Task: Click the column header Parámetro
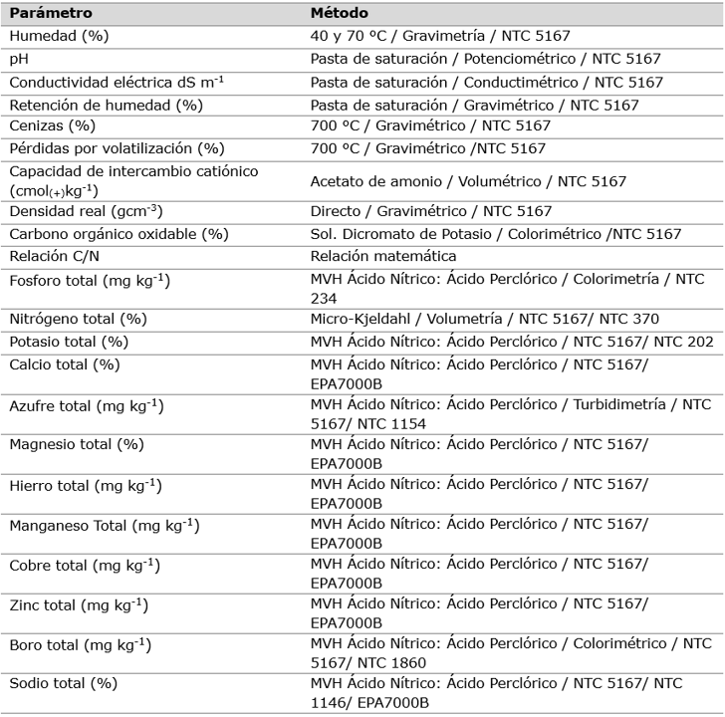[x=51, y=14]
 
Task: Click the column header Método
[x=340, y=14]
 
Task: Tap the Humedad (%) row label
[x=59, y=36]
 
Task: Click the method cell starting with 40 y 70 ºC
[x=440, y=36]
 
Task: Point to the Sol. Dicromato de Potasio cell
[x=496, y=234]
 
